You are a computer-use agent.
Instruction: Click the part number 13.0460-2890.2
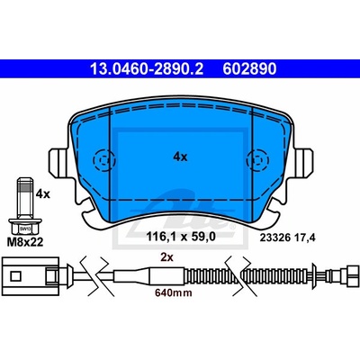coord(147,69)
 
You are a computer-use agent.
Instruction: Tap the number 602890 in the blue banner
coord(249,69)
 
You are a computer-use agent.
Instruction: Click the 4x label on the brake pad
coord(180,157)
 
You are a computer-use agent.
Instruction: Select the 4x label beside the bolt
coord(42,194)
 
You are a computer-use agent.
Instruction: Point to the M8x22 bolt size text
coord(25,242)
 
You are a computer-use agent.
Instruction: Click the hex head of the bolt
coord(25,227)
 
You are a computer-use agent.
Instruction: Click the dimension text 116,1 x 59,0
coord(181,237)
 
